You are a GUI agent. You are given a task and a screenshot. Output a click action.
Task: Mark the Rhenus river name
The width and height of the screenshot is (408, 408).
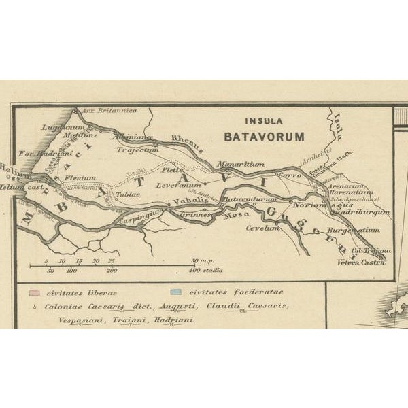187,140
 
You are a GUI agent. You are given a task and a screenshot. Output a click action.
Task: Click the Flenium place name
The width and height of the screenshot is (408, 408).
80,179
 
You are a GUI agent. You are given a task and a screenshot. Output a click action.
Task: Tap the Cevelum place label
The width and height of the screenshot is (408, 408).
263,228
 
